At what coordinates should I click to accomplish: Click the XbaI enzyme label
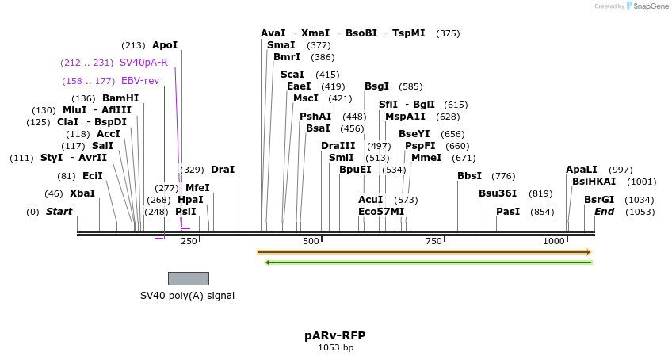(x=82, y=193)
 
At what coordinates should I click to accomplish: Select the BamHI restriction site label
(x=120, y=98)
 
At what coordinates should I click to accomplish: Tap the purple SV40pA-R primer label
(x=143, y=63)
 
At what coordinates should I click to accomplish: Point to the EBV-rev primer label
(x=139, y=81)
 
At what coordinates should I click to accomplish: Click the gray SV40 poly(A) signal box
(x=189, y=278)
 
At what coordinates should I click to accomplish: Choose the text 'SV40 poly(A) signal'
(x=187, y=296)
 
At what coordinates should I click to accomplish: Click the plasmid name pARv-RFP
(x=335, y=335)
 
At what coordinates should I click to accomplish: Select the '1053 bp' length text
(x=335, y=347)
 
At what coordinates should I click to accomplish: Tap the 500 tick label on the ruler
(x=311, y=241)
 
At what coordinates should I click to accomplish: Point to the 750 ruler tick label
(x=433, y=241)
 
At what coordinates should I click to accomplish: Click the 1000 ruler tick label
(x=553, y=241)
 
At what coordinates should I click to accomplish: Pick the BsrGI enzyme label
(x=599, y=200)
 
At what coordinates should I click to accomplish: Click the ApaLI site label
(x=582, y=170)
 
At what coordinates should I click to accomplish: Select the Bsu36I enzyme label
(x=498, y=193)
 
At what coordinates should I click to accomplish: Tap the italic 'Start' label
(x=59, y=212)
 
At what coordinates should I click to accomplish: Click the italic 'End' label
(x=604, y=212)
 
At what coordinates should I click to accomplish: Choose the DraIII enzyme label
(x=338, y=146)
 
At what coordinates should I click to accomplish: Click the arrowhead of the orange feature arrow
(x=588, y=252)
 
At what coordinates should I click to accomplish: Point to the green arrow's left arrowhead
(x=268, y=262)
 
